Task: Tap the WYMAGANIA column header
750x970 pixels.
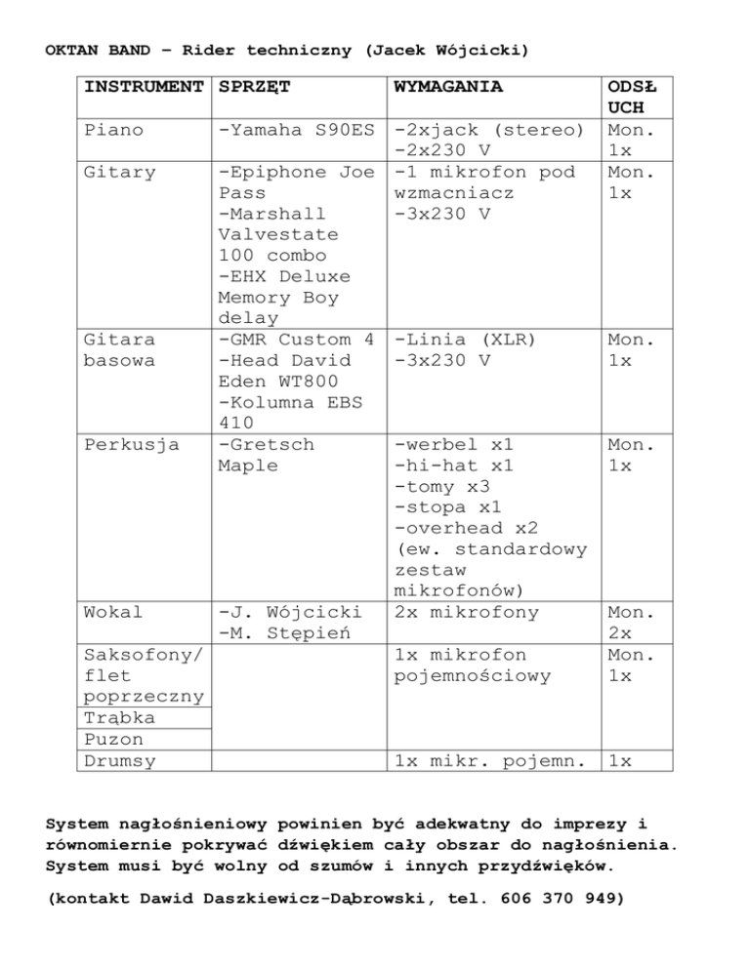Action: coord(447,88)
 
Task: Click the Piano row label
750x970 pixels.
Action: coord(113,130)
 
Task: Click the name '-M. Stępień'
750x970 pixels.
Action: coord(276,633)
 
